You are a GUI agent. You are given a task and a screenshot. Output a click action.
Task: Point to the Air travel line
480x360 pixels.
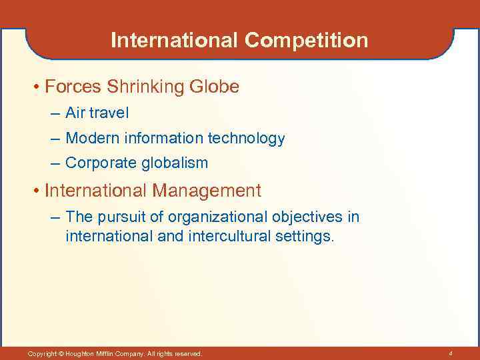97,114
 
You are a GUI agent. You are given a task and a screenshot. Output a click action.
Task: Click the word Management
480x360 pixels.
207,191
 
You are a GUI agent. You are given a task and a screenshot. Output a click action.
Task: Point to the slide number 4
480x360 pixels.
451,353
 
